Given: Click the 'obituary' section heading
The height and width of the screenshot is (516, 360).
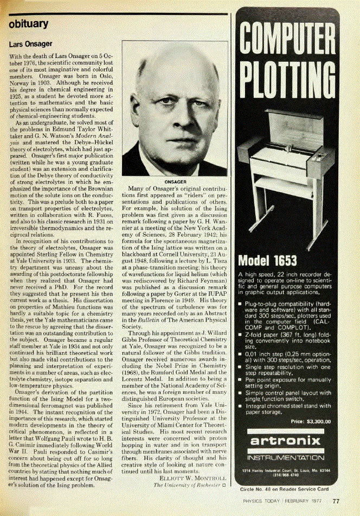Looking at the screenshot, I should (x=29, y=24).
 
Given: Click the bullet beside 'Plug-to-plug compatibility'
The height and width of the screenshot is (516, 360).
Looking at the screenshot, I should (x=240, y=303).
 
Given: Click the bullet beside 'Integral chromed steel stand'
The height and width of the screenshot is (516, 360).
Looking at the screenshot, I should (x=240, y=405).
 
